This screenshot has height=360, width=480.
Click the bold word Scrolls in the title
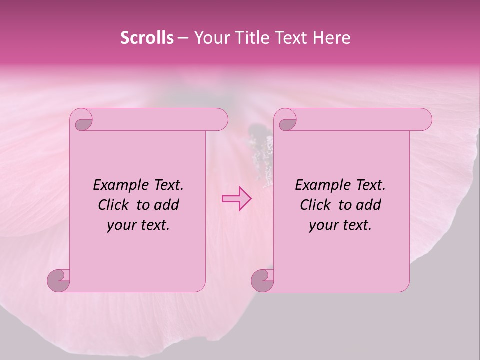click(x=147, y=38)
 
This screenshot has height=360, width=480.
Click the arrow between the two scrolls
click(x=237, y=198)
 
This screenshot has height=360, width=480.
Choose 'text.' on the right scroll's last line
click(x=356, y=225)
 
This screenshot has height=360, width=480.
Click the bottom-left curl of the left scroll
click(x=59, y=280)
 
